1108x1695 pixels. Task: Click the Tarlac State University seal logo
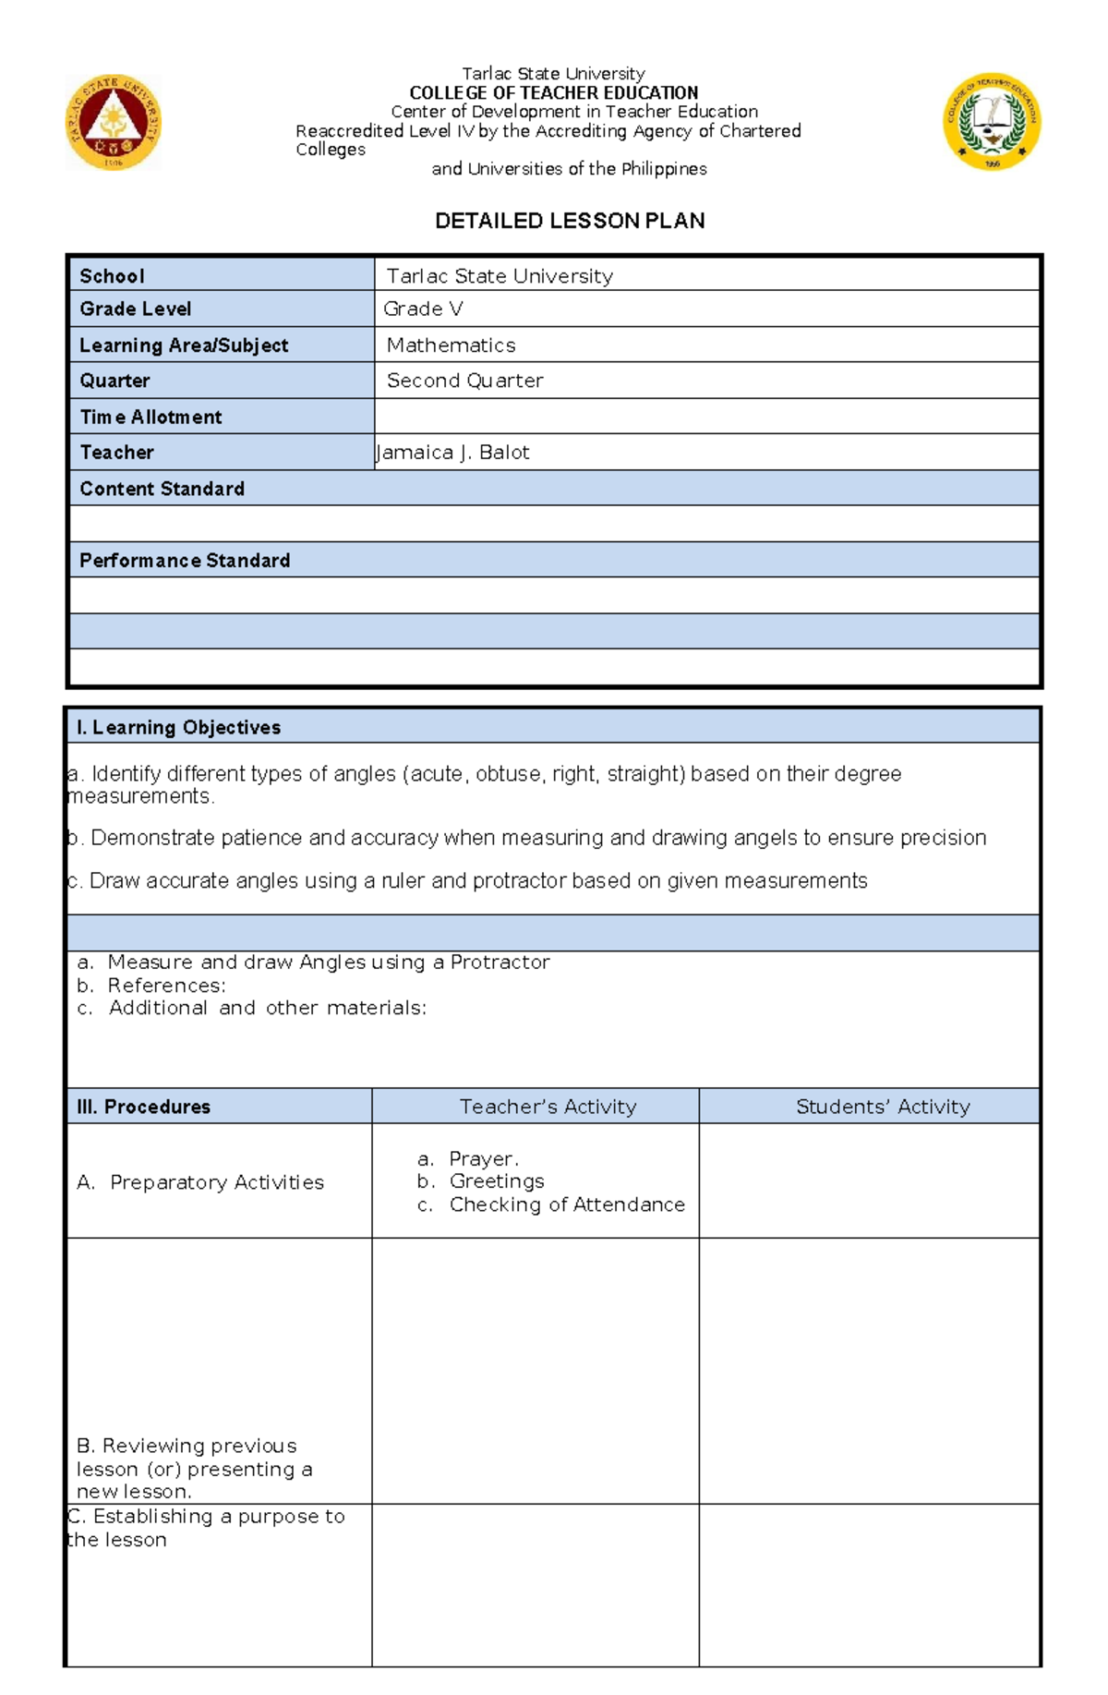coord(114,122)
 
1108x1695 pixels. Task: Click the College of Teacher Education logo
coord(992,121)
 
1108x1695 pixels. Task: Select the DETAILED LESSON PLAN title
coord(570,221)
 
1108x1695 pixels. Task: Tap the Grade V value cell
coord(423,309)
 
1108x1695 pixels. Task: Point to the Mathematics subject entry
coord(451,345)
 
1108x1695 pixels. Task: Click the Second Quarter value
coord(464,381)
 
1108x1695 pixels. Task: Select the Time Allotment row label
coord(151,417)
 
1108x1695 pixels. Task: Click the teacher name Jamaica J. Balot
coord(453,453)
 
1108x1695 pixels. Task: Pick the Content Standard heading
coord(162,489)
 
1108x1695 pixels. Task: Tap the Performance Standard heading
coord(185,561)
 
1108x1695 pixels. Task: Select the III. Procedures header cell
coord(144,1107)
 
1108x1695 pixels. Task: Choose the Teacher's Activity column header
coord(548,1107)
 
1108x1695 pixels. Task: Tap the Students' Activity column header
coord(883,1107)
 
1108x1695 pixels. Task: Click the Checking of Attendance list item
coord(566,1205)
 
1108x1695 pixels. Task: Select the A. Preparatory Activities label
coord(200,1182)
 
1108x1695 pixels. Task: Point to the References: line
coord(166,986)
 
